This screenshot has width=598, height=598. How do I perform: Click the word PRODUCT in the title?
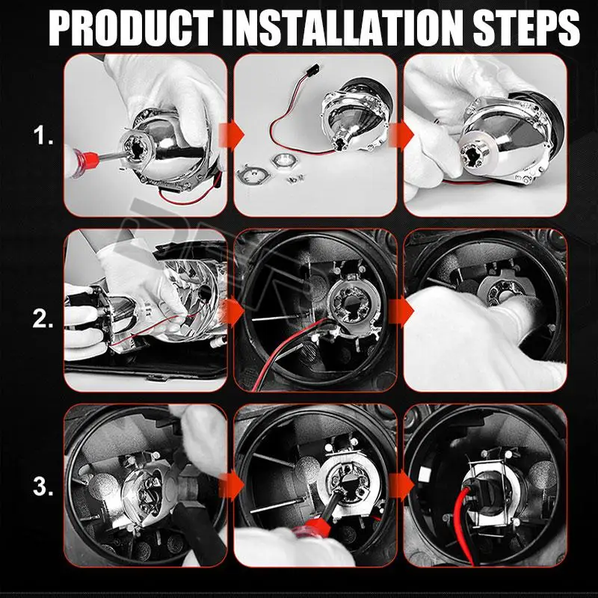[131, 28]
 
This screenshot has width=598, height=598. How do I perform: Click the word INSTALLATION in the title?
[342, 28]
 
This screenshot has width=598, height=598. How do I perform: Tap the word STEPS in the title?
[526, 28]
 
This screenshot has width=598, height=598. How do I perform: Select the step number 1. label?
[43, 135]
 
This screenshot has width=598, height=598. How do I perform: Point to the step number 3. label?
[43, 487]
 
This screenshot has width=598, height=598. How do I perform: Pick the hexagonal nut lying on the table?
[283, 160]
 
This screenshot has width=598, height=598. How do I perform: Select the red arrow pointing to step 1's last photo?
[401, 135]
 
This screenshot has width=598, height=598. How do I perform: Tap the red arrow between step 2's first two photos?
[232, 312]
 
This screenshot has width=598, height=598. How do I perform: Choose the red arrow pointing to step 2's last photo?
[401, 312]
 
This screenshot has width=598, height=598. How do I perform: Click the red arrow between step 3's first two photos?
[232, 485]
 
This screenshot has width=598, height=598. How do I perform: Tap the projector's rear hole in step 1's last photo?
[472, 155]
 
